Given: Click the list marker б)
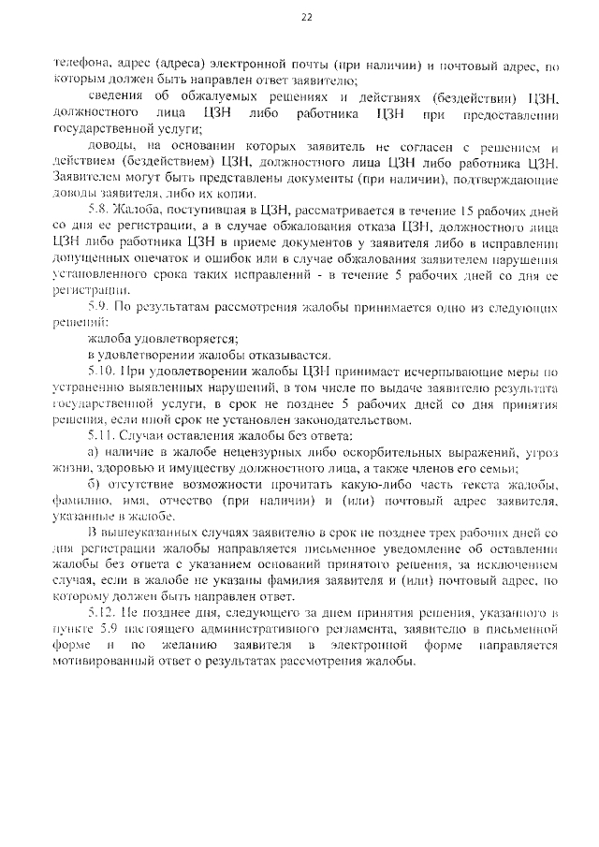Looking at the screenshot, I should [x=93, y=484].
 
